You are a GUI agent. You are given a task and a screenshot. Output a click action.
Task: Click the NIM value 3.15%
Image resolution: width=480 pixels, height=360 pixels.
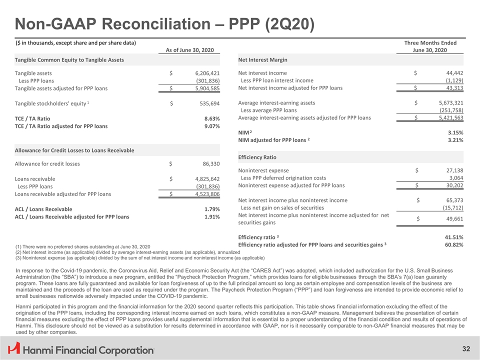(x=454, y=132)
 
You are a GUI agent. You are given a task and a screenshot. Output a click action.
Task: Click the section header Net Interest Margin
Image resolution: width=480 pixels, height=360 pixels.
(x=263, y=60)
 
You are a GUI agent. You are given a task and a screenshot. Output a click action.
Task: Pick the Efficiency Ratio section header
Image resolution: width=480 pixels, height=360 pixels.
(x=258, y=157)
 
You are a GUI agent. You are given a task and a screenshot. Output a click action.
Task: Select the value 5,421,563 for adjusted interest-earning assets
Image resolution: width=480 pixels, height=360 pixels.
(x=445, y=118)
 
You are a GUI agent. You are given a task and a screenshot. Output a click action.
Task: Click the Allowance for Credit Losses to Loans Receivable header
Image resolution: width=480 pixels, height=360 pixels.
(x=75, y=150)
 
